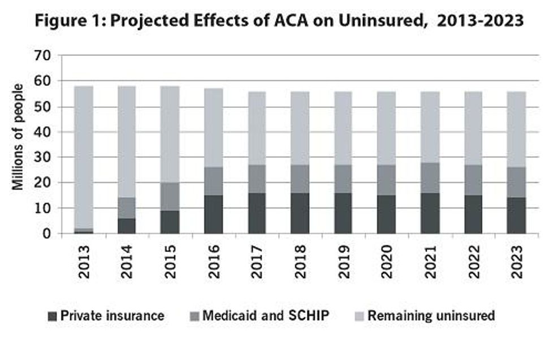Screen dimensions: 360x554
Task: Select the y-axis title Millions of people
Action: pos(18,137)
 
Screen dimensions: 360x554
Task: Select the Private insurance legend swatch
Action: pos(53,316)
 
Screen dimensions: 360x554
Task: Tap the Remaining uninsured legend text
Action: pos(431,316)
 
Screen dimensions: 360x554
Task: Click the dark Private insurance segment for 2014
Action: pos(127,225)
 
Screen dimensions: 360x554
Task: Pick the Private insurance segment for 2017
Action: pos(257,213)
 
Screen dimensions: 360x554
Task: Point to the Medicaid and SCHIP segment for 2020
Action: pos(387,180)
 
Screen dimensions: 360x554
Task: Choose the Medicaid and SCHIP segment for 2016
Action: pos(214,181)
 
